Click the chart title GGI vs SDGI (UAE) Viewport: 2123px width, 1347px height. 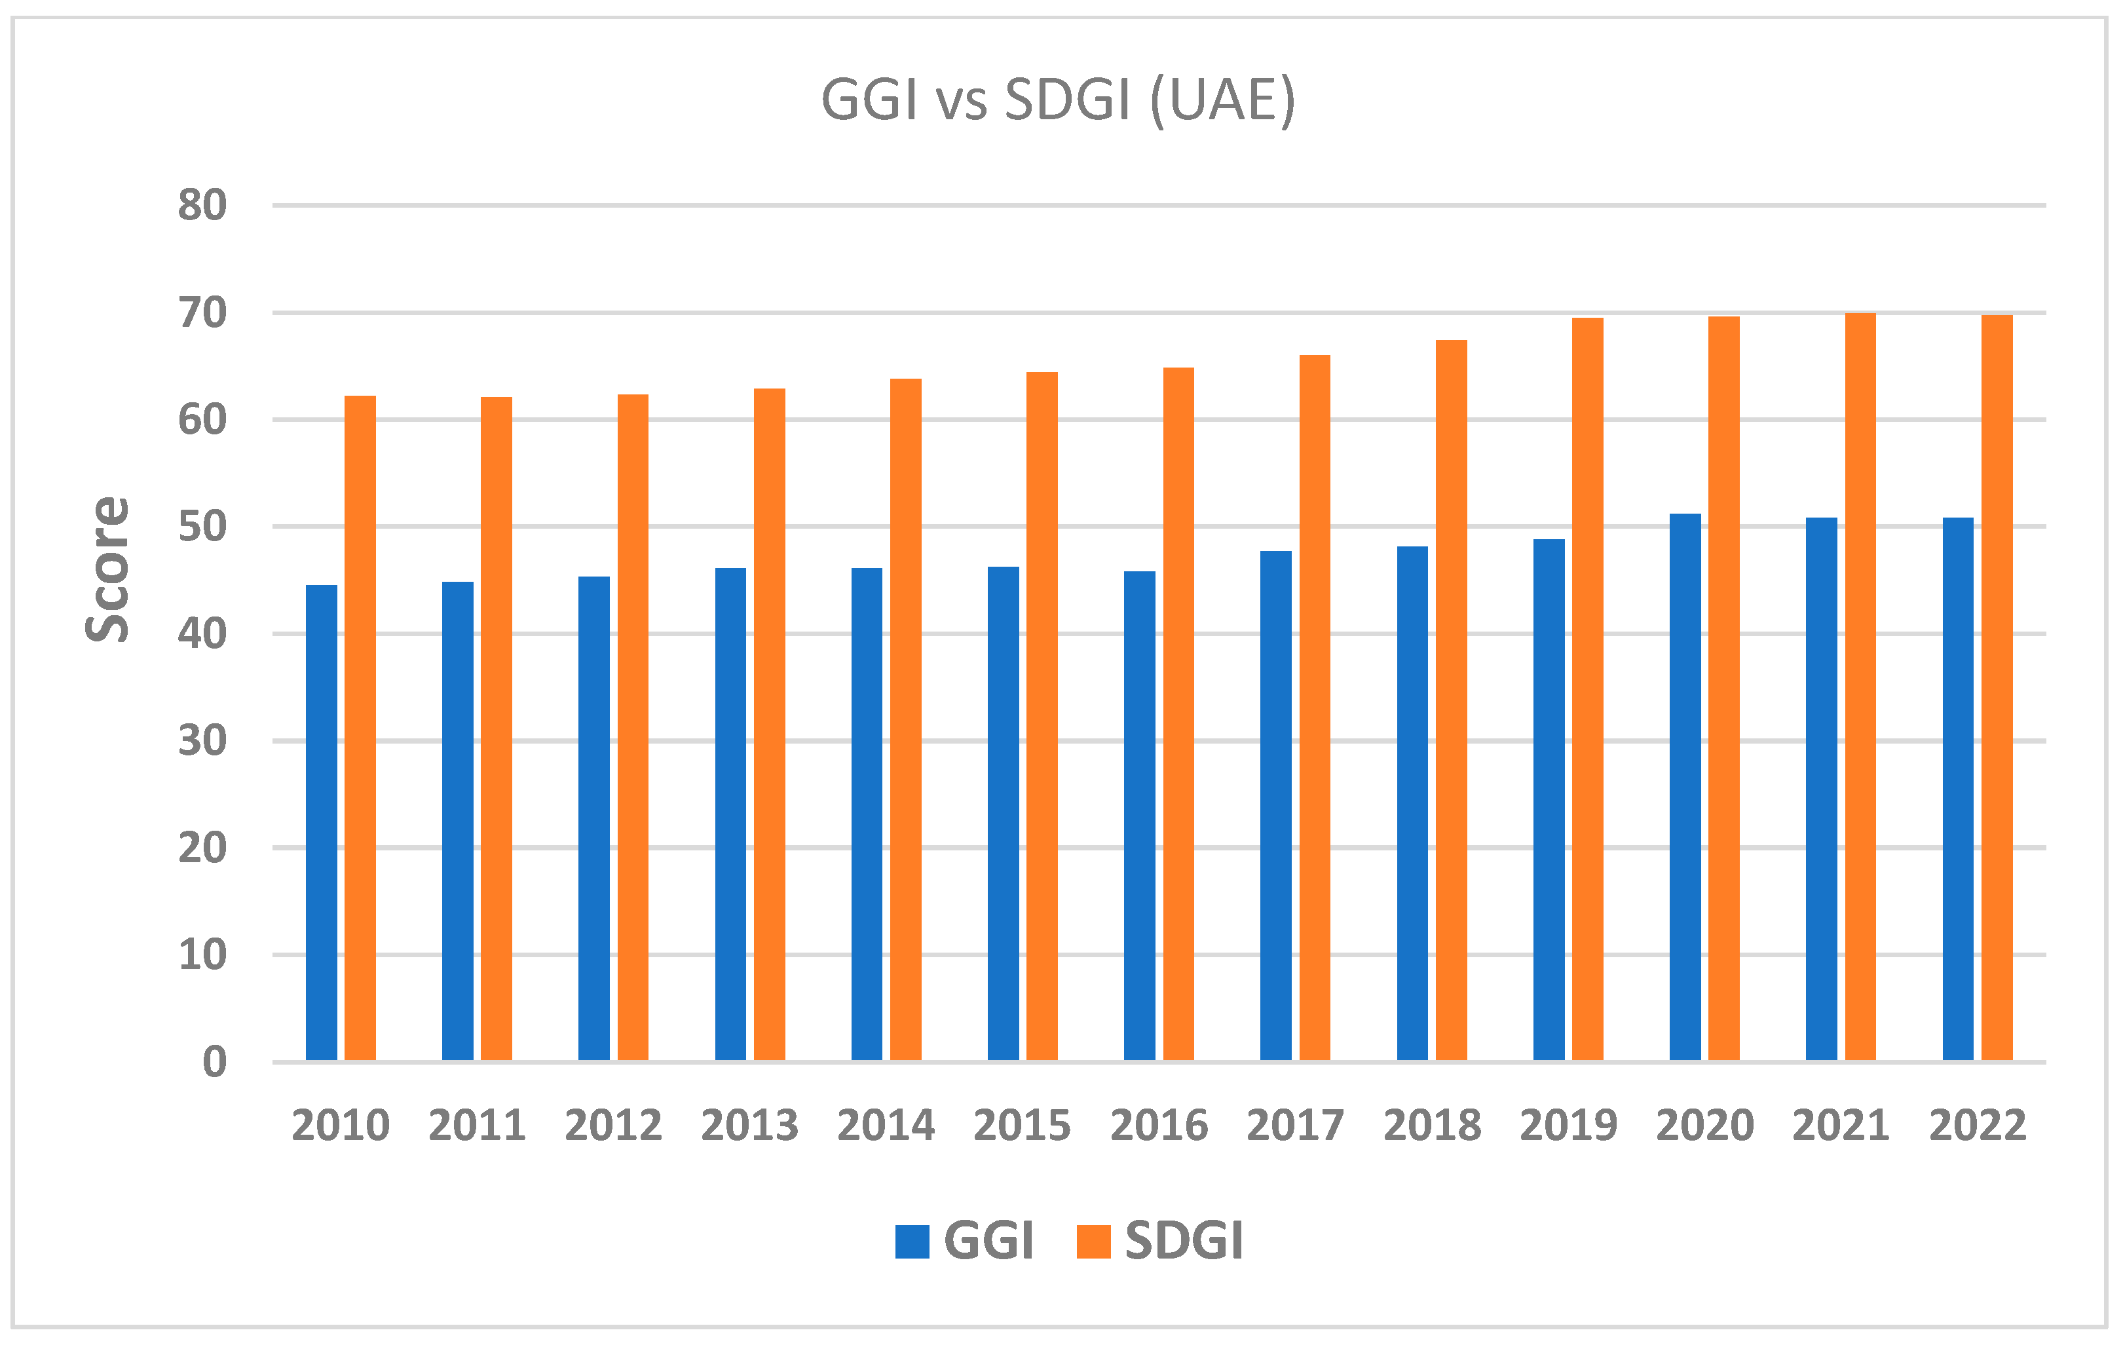[x=1058, y=100]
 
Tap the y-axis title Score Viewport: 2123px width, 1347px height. [x=107, y=569]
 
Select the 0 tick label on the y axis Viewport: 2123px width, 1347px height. [x=214, y=1062]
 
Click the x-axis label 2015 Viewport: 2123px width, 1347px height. [x=1022, y=1126]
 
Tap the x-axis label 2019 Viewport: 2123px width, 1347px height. [x=1568, y=1126]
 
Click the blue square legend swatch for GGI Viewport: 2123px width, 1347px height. [x=912, y=1242]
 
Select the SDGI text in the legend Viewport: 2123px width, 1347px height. [x=1183, y=1242]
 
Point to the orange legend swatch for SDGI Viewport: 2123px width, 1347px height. [x=1093, y=1242]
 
